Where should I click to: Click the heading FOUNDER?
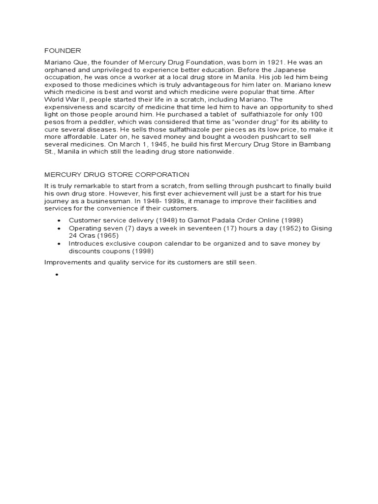click(x=63, y=51)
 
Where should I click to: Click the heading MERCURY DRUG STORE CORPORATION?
click(x=117, y=174)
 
